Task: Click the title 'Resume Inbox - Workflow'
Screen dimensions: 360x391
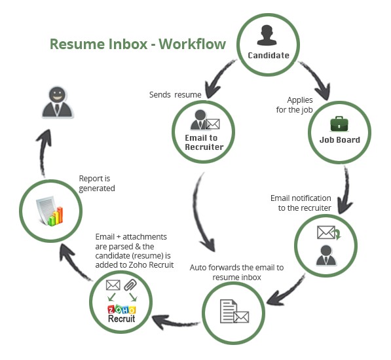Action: pyautogui.click(x=138, y=45)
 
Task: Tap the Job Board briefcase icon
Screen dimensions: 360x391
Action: pyautogui.click(x=339, y=123)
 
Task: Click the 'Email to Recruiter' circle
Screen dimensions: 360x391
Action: pyautogui.click(x=204, y=130)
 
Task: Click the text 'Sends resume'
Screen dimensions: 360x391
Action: pyautogui.click(x=174, y=95)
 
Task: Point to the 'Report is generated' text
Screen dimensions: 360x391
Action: pyautogui.click(x=97, y=183)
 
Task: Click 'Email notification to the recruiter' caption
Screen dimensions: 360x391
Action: pyautogui.click(x=300, y=203)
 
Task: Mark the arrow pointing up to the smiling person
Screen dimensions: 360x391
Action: pyautogui.click(x=40, y=151)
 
